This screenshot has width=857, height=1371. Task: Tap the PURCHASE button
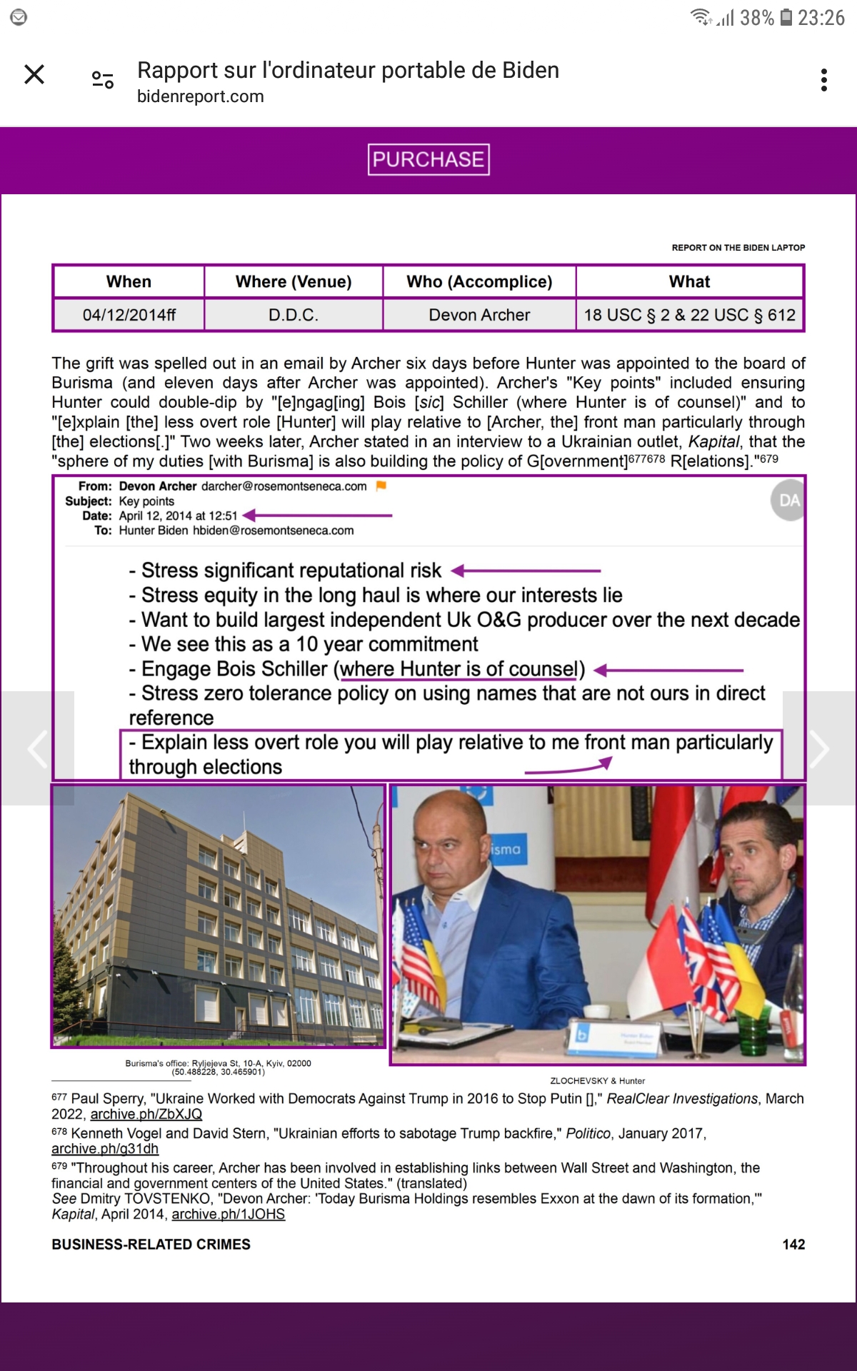coord(428,159)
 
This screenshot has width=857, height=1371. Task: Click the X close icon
coord(34,74)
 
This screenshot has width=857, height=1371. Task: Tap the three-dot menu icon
coord(824,80)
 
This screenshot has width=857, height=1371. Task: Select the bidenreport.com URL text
coord(201,96)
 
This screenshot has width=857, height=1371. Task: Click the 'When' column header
coord(129,281)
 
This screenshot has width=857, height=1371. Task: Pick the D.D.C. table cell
coord(294,315)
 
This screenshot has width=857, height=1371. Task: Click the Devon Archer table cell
coord(479,315)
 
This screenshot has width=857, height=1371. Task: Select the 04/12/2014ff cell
coord(129,315)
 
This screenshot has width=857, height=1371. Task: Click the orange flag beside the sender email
coord(381,486)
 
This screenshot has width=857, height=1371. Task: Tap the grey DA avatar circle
coord(788,500)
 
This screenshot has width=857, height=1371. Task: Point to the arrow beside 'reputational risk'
coord(526,571)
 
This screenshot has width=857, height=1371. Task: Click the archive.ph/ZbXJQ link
coord(146,1114)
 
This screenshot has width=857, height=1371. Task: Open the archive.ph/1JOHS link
coord(228,1214)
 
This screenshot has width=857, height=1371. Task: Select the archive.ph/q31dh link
coord(105,1148)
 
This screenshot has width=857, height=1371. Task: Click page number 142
coord(793,1244)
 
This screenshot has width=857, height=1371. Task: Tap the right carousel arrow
coord(819,748)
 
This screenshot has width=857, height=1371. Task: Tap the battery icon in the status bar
coord(786,17)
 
